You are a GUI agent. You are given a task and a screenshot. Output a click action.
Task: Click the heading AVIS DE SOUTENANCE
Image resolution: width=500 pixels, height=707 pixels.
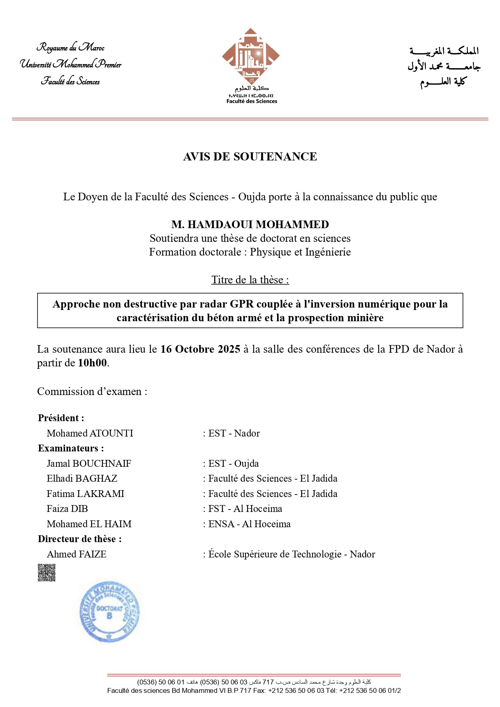pos(250,156)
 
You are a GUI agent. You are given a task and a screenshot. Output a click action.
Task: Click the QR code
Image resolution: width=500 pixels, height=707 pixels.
pos(46,572)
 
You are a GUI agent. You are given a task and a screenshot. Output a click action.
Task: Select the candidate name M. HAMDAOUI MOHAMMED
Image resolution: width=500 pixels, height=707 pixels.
pos(250,224)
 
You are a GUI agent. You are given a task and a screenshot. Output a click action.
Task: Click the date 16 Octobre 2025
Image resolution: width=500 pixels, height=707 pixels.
pos(200,349)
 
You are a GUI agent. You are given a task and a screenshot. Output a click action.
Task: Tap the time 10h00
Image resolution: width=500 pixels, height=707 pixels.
pos(92,363)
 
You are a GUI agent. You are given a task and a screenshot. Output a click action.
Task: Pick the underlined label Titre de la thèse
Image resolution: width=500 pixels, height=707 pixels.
pos(250,280)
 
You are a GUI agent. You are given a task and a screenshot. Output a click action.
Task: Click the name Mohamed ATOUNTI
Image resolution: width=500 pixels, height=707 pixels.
pos(90,433)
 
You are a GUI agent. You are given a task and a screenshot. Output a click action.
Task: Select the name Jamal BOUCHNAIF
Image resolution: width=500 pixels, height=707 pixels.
pos(89,464)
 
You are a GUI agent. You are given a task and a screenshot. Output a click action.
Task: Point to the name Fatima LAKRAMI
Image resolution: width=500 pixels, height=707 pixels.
pos(85,494)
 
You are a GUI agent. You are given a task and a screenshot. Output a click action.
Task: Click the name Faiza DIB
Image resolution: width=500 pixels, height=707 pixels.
pos(67,509)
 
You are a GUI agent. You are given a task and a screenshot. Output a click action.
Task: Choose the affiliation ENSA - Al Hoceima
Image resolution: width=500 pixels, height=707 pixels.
pos(249,524)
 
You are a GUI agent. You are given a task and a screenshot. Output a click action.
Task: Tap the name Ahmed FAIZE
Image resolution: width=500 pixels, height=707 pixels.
pos(77,554)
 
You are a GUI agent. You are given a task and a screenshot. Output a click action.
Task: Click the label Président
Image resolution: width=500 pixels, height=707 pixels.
pos(61,418)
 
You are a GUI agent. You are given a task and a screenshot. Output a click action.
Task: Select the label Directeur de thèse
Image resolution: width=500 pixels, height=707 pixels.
pos(79,539)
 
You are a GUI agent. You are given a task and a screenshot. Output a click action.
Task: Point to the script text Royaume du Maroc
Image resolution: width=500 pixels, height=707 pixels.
pos(71,48)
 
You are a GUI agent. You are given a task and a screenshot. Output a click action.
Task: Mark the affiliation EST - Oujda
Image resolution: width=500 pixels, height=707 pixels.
pos(233,464)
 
